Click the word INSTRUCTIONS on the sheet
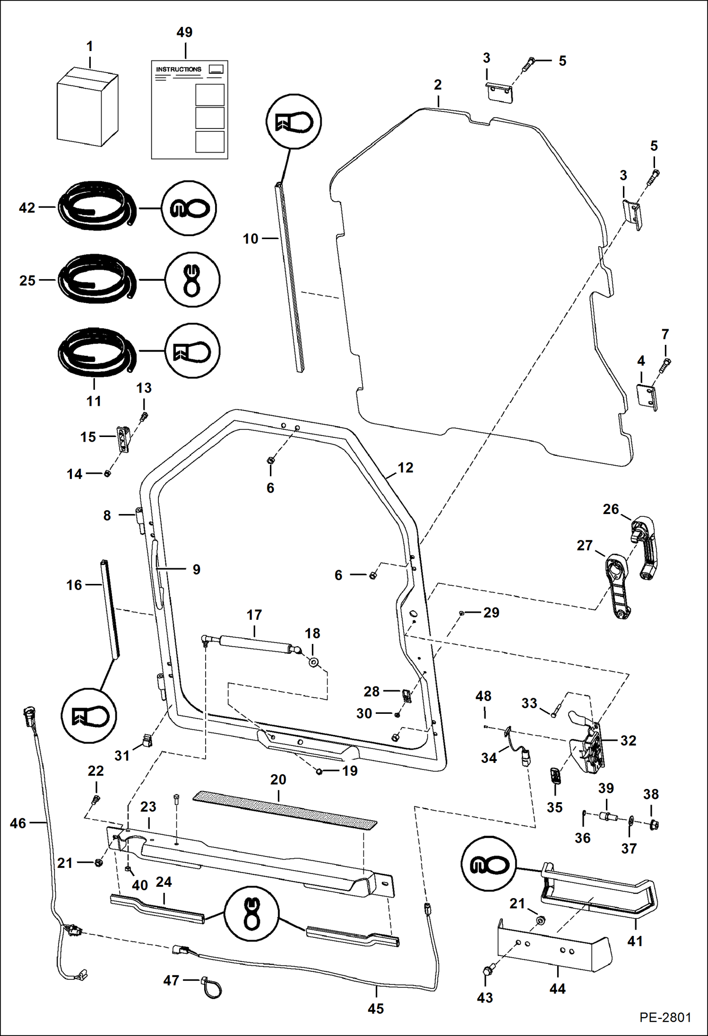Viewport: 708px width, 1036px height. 179,69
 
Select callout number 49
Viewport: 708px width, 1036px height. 184,32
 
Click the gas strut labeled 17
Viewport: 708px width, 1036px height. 254,644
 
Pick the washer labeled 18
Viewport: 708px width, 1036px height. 313,662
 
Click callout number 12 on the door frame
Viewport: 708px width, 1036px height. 405,467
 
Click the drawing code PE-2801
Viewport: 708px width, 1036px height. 665,1017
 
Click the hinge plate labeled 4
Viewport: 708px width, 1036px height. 647,397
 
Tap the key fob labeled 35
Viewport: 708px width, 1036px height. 555,776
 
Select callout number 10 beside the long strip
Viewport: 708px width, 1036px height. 250,239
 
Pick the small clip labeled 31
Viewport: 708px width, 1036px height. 147,740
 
